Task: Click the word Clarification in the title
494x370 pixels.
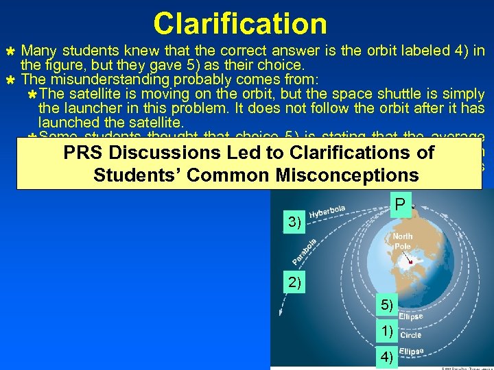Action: pyautogui.click(x=240, y=23)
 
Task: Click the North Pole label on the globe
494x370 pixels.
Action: pyautogui.click(x=403, y=242)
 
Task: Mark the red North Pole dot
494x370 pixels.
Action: pyautogui.click(x=410, y=262)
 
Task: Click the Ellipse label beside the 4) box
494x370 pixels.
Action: pyautogui.click(x=411, y=351)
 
